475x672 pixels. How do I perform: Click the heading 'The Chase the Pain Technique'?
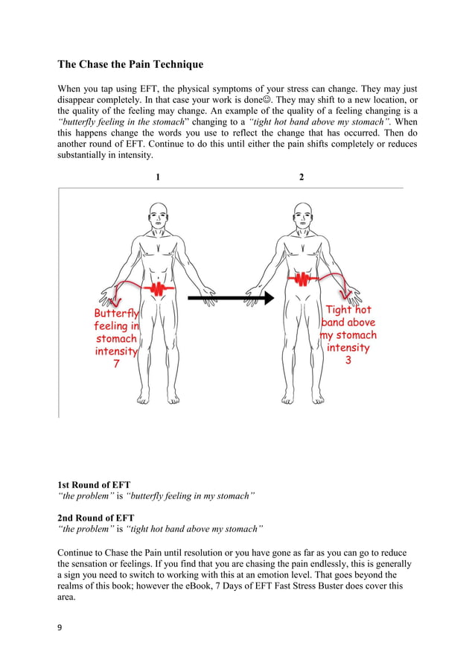point(130,65)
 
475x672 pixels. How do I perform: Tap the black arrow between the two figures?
point(231,298)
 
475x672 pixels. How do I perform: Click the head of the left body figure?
point(158,216)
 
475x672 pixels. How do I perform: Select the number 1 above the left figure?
point(158,177)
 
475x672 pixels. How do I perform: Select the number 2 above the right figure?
point(302,177)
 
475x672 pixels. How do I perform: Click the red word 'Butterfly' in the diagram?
point(116,314)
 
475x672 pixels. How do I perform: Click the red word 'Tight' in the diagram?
point(339,309)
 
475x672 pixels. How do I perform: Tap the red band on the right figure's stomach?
point(302,278)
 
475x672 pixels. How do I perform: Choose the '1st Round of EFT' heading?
point(95,485)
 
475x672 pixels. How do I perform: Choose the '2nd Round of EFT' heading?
point(96,517)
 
